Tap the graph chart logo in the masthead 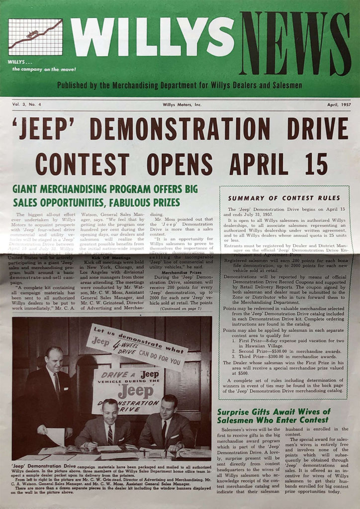pos(35,37)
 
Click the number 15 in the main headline pos(315,164)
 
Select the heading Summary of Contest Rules pos(285,198)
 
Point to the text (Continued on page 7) pos(181,308)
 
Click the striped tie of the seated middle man pos(110,434)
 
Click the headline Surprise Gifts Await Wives pos(273,416)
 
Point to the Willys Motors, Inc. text pos(182,104)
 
